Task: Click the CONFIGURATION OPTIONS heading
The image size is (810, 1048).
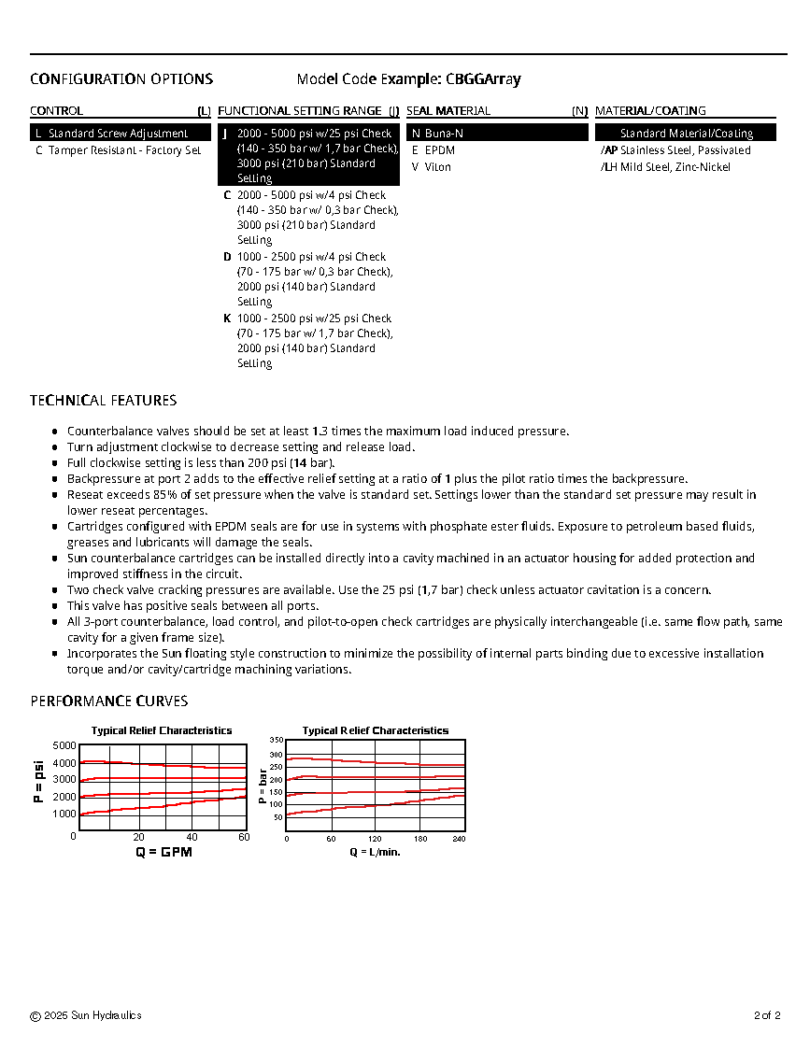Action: pyautogui.click(x=121, y=79)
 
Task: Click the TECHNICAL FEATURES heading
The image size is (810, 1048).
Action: pyautogui.click(x=103, y=401)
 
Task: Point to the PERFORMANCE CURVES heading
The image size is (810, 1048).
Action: pyautogui.click(x=108, y=701)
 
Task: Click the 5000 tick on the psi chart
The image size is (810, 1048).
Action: pyautogui.click(x=64, y=745)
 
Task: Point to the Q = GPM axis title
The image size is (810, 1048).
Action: pyautogui.click(x=163, y=852)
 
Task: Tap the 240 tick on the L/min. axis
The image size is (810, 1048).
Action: pyautogui.click(x=459, y=839)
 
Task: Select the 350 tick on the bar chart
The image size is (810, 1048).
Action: pyautogui.click(x=276, y=740)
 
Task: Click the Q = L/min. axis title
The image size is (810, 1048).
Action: pyautogui.click(x=376, y=852)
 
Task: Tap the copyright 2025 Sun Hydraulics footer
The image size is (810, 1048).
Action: pyautogui.click(x=86, y=1015)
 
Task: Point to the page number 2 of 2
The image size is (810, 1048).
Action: pyautogui.click(x=767, y=1015)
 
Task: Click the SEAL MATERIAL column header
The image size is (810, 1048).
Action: pyautogui.click(x=448, y=111)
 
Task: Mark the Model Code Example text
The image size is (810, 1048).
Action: pyautogui.click(x=408, y=79)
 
